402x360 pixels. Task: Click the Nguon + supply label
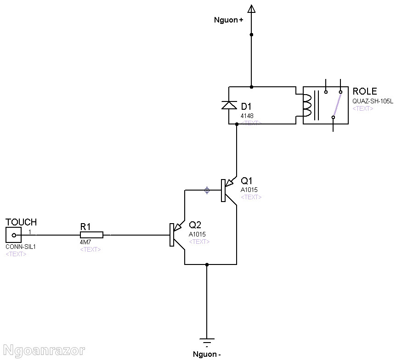pos(228,20)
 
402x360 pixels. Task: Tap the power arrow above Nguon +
pos(251,8)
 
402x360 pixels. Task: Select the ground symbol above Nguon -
pos(207,342)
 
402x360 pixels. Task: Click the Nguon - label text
pos(207,354)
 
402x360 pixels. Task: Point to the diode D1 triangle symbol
pos(229,105)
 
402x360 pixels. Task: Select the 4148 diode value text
pos(247,116)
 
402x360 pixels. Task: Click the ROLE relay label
pos(364,91)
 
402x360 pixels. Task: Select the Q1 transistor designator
pos(247,180)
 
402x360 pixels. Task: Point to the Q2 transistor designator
pos(195,225)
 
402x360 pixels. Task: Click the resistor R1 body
pos(91,235)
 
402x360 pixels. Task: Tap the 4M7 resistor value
pos(85,242)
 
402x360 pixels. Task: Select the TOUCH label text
pos(21,223)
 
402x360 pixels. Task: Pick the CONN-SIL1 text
pos(21,247)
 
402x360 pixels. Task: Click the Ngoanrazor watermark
pos(43,351)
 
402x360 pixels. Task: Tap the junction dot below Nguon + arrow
pos(251,34)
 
